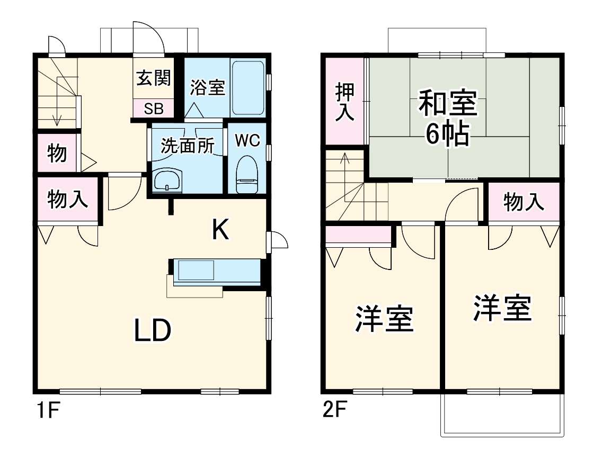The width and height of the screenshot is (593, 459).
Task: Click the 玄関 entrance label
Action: [x=154, y=79]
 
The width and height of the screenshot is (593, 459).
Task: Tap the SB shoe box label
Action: [x=154, y=109]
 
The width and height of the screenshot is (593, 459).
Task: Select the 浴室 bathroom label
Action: [x=208, y=87]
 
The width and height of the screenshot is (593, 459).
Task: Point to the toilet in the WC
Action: [x=247, y=175]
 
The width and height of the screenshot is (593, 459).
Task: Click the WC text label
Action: [x=247, y=140]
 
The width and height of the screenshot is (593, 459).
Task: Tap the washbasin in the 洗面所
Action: [x=167, y=181]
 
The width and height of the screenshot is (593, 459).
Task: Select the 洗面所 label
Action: [x=186, y=146]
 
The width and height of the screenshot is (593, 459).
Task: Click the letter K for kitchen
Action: [x=220, y=229]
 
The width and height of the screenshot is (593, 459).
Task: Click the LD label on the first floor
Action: [x=152, y=331]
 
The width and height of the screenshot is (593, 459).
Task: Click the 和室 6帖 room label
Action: [x=448, y=118]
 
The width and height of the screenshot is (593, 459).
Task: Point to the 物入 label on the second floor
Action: [x=524, y=202]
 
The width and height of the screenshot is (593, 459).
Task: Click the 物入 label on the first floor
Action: [x=67, y=200]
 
